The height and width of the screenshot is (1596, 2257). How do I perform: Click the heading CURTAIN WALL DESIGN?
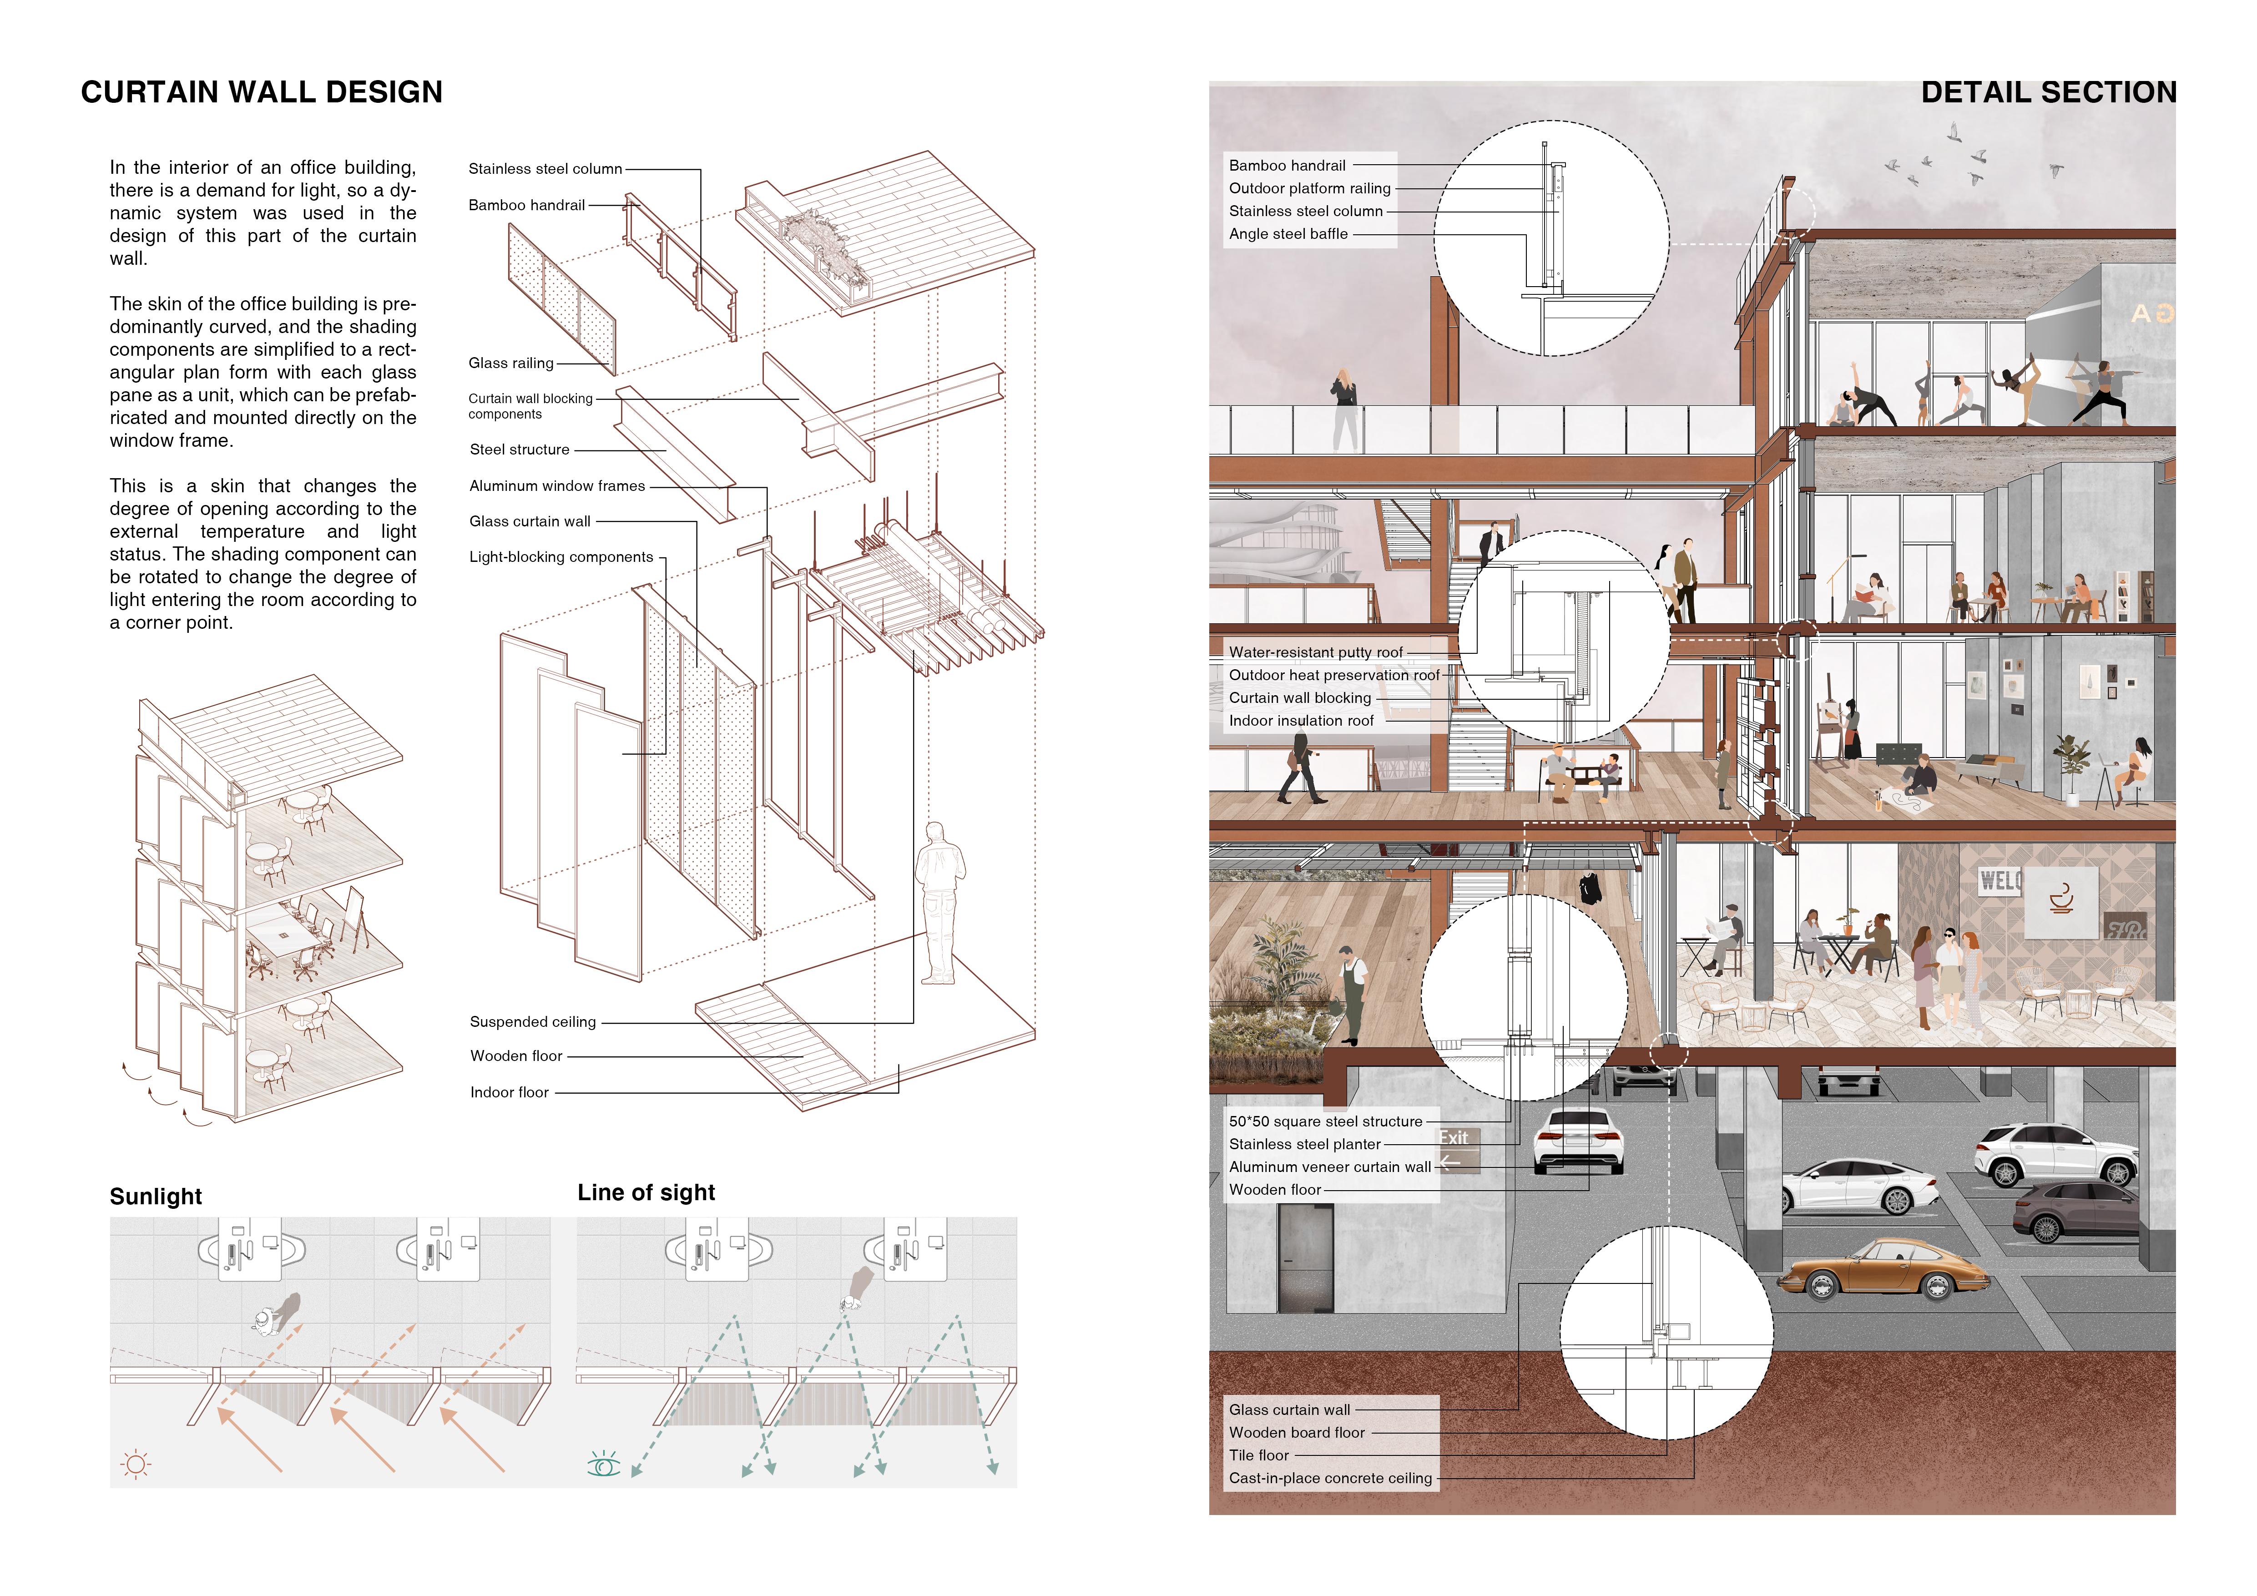click(262, 92)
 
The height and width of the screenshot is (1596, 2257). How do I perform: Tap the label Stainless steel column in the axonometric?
click(545, 169)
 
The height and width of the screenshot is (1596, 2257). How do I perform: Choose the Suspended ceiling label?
click(533, 1022)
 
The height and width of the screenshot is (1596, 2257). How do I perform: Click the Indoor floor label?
click(509, 1093)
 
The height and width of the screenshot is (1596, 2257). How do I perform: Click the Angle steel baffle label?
click(1288, 234)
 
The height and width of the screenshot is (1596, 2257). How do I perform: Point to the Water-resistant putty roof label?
click(1315, 652)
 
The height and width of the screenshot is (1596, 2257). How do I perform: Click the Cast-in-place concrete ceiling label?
click(1330, 1478)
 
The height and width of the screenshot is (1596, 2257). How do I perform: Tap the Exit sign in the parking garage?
click(1454, 1138)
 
